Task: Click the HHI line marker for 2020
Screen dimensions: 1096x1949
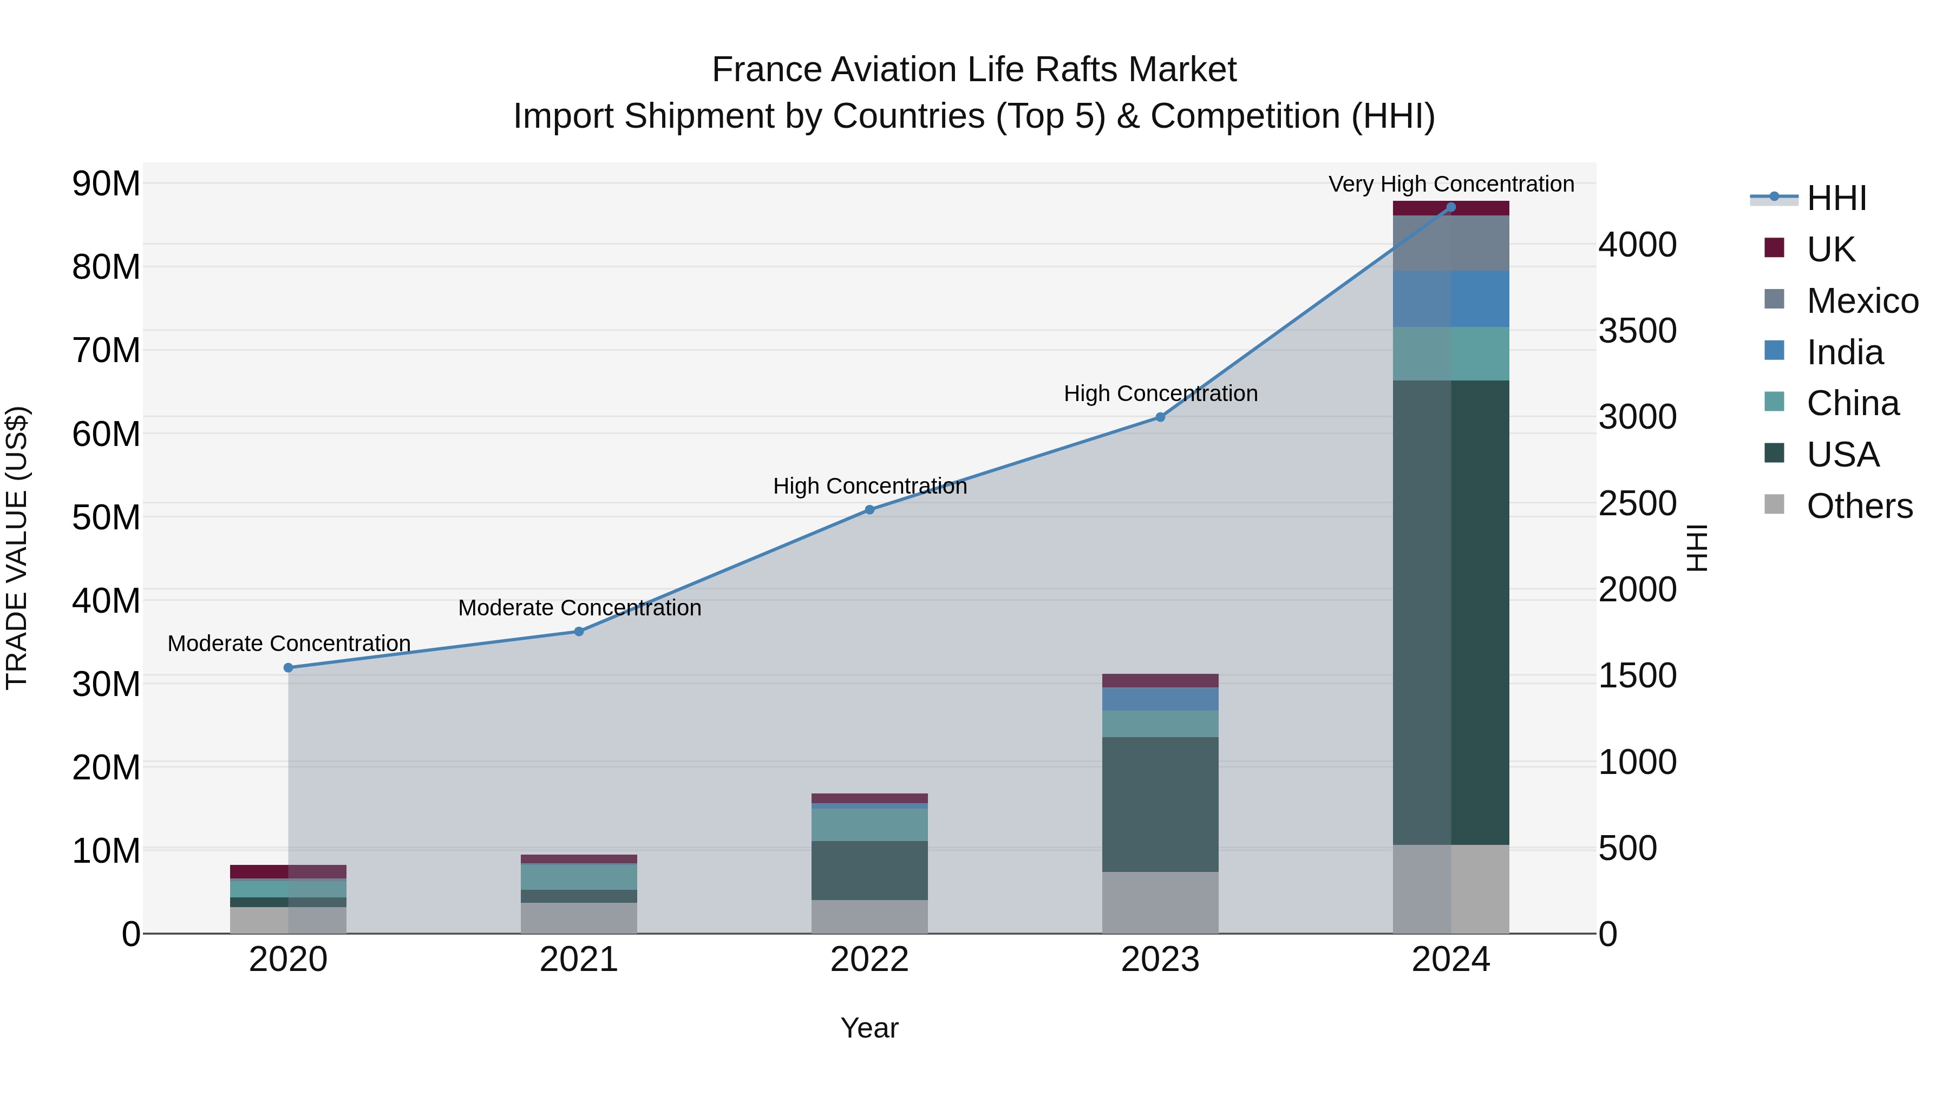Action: [288, 668]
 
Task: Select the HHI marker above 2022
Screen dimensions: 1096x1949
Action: [869, 510]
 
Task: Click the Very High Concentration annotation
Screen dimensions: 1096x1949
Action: [1450, 185]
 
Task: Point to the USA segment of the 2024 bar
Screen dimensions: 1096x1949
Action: [1450, 613]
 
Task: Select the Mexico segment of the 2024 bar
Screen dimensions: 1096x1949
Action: [1450, 244]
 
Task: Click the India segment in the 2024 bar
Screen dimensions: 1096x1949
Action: [1450, 299]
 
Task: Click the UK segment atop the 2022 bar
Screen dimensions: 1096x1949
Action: [869, 798]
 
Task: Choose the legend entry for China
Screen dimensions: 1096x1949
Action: [1852, 404]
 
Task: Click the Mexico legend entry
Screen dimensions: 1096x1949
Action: [1861, 301]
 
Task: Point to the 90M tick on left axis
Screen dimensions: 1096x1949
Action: [106, 184]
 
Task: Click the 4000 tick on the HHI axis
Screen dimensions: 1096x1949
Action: [1637, 245]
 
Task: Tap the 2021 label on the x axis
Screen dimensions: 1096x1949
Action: [579, 960]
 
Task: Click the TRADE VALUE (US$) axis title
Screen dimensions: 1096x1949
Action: [17, 548]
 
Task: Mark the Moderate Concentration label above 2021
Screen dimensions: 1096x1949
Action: [579, 608]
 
